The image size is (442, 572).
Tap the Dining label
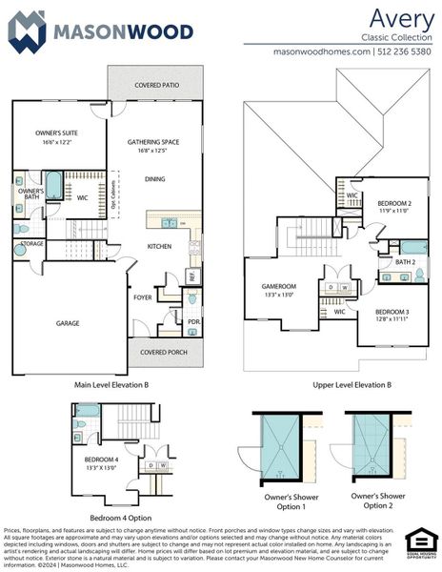(x=154, y=178)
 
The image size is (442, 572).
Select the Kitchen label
(x=158, y=246)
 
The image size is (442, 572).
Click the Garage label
(x=68, y=323)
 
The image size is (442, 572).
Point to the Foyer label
(x=142, y=297)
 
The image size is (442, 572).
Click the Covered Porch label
(x=163, y=352)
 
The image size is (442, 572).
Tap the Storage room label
(x=31, y=244)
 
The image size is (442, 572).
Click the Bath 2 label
(x=405, y=261)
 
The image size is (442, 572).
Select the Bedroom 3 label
(x=392, y=313)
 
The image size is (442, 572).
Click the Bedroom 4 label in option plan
(x=102, y=460)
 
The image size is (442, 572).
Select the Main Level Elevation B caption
(x=112, y=385)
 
